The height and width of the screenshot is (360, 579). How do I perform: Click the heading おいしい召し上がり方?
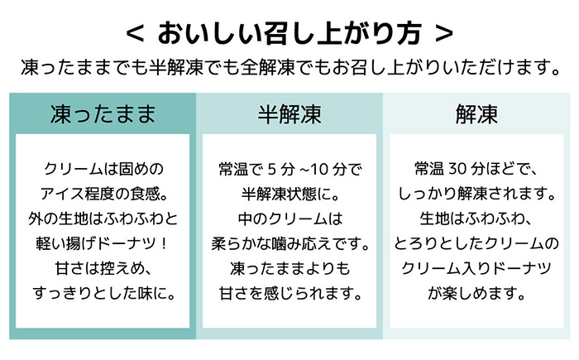pos(289,33)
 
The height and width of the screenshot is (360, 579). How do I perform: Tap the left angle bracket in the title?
pos(135,34)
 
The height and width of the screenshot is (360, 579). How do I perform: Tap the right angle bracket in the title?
pos(444,34)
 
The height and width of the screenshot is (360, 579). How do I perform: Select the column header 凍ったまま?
pos(103,114)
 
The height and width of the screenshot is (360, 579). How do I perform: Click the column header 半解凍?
pos(289,114)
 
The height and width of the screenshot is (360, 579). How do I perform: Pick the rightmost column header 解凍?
pos(476,114)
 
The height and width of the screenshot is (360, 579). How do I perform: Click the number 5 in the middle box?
pos(272,170)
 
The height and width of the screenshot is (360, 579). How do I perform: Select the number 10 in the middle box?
pos(319,170)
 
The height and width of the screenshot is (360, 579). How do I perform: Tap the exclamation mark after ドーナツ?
pos(165,244)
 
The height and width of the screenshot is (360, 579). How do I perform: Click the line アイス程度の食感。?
pos(103,194)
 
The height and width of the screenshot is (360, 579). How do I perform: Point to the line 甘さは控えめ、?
pos(103,269)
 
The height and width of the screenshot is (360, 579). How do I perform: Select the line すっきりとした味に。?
pos(103,294)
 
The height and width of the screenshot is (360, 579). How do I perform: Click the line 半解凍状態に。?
pos(290,194)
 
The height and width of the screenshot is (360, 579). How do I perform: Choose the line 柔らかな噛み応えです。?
pos(290,244)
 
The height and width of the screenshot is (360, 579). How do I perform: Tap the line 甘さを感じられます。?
pos(290,294)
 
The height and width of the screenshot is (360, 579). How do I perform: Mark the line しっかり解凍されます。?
pos(476,194)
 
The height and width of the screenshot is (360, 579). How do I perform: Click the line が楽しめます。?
pos(476,294)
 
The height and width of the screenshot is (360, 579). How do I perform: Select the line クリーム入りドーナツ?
pos(476,269)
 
